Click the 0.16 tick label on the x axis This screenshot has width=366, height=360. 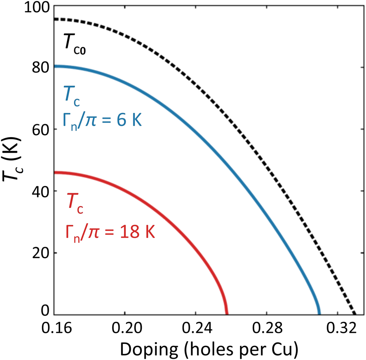[x=55, y=328]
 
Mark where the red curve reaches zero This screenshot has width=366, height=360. [x=226, y=313]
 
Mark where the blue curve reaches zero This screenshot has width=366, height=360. [x=319, y=313]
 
